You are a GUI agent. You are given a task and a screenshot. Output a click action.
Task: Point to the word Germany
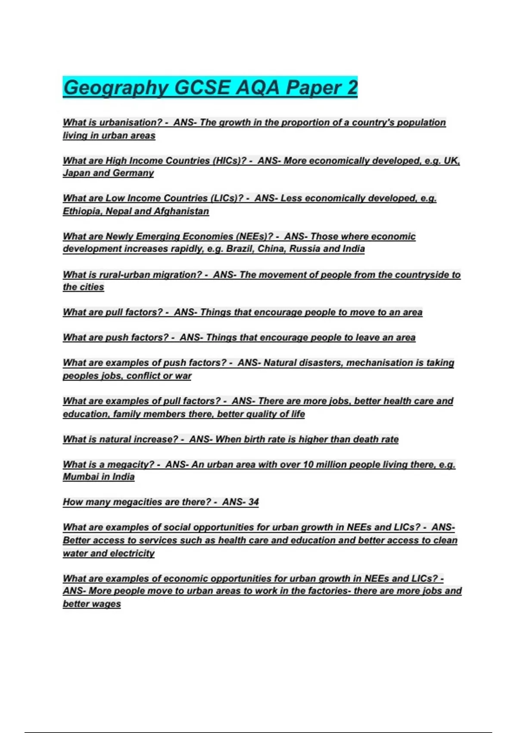click(x=133, y=173)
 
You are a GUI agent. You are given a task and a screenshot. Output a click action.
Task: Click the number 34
click(x=253, y=502)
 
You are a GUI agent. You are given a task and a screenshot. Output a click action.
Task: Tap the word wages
click(x=106, y=604)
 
